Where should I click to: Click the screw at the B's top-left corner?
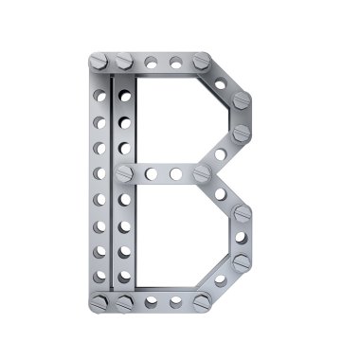(99, 61)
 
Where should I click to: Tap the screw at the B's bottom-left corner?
(99, 302)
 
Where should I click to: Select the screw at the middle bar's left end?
(125, 173)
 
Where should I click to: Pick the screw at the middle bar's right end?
(202, 173)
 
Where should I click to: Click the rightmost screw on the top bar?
(202, 61)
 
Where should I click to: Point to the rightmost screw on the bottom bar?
(202, 303)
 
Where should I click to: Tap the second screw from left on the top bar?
(124, 61)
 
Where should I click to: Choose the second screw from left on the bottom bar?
(124, 303)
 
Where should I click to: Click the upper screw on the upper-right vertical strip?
(242, 100)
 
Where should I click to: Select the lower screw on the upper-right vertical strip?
(242, 133)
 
